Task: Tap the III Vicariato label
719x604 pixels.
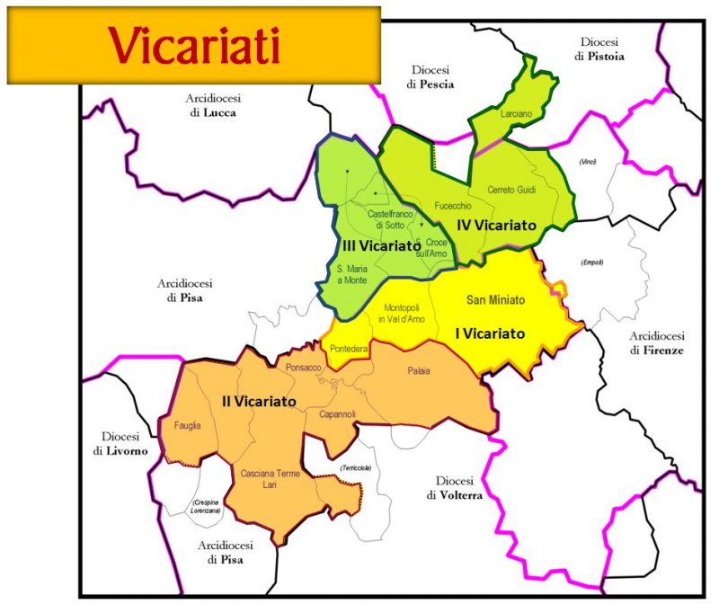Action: click(380, 245)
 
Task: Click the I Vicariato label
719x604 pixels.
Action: click(490, 333)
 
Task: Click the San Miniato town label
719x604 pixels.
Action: click(496, 298)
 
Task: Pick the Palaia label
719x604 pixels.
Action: click(419, 369)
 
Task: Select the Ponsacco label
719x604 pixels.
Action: click(303, 369)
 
